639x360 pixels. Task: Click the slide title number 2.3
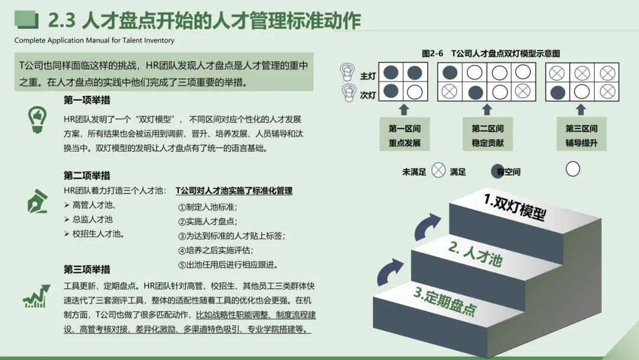[x=61, y=21]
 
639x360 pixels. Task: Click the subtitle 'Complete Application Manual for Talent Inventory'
[x=95, y=41]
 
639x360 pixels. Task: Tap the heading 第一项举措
[x=87, y=101]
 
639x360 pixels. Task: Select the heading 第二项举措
[x=87, y=176]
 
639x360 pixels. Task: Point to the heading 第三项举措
[x=87, y=269]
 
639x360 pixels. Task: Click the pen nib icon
[x=36, y=201]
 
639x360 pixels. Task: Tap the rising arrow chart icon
[x=36, y=296]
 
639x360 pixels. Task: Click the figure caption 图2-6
[x=433, y=53]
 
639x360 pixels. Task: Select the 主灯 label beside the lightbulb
[x=367, y=76]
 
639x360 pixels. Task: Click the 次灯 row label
[x=367, y=94]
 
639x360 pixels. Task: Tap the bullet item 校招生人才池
[x=98, y=234]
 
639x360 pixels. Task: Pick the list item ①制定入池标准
[x=208, y=207]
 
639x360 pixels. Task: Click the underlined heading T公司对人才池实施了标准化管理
[x=234, y=191]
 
